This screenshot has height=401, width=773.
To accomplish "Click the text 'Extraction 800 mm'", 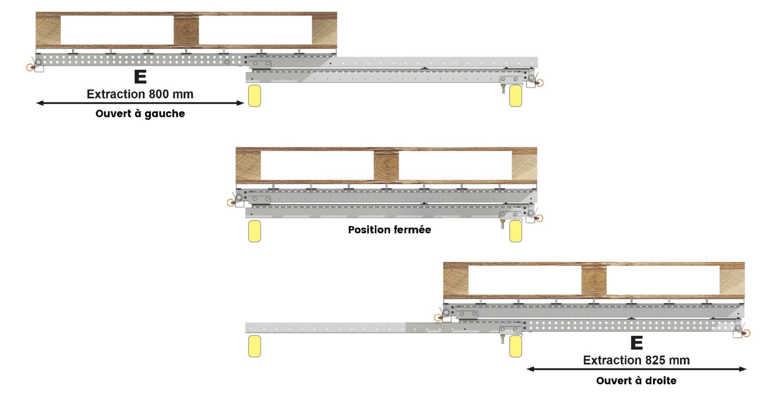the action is coord(140,94).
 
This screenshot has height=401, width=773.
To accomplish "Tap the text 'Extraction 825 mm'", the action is coord(636,360).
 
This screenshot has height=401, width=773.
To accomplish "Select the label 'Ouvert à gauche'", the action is coord(140,114).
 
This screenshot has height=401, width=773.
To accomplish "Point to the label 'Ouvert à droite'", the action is coord(636,380).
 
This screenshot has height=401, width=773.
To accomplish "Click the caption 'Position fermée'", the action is coord(389,230).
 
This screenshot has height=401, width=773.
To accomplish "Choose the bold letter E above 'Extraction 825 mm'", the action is coord(636,343).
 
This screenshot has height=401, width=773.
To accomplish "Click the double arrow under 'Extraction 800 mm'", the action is coord(140,103).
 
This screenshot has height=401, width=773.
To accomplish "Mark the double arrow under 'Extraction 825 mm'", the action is coord(637,369).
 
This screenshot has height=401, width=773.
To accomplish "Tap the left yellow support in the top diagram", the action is coord(254,96).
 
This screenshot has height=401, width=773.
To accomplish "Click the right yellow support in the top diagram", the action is coord(516,96).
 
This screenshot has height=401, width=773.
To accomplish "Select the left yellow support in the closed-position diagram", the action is coord(254,231).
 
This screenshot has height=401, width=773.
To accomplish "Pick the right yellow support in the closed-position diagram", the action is coord(516,231).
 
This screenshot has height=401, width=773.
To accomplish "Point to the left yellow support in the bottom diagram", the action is coord(254,346).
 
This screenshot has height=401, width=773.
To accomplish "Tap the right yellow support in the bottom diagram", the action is coord(516,346).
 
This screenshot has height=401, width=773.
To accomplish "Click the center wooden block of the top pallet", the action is coord(186,30).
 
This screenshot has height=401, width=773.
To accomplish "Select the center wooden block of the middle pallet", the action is coord(386,165).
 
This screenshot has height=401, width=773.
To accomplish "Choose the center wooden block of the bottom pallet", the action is coord(594,280).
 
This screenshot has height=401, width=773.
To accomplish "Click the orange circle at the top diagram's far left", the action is coord(30,67).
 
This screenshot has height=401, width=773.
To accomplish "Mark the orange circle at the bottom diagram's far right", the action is coord(746,333).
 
